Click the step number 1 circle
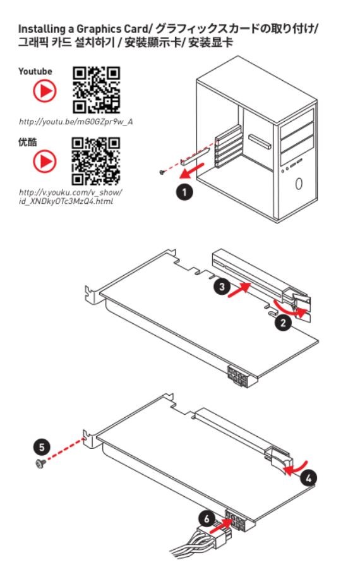(184, 191)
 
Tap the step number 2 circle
(283, 322)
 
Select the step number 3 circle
(222, 287)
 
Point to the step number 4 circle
(308, 478)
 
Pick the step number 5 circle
(42, 447)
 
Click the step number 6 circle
(207, 518)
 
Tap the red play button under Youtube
(45, 91)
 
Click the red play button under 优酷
(45, 161)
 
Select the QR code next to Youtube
(97, 90)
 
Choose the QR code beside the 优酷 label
(95, 161)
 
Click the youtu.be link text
(76, 122)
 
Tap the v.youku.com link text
(71, 197)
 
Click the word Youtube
(35, 71)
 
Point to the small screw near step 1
(162, 172)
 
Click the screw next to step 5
(40, 463)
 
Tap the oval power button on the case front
(299, 184)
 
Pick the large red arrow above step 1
(192, 170)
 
